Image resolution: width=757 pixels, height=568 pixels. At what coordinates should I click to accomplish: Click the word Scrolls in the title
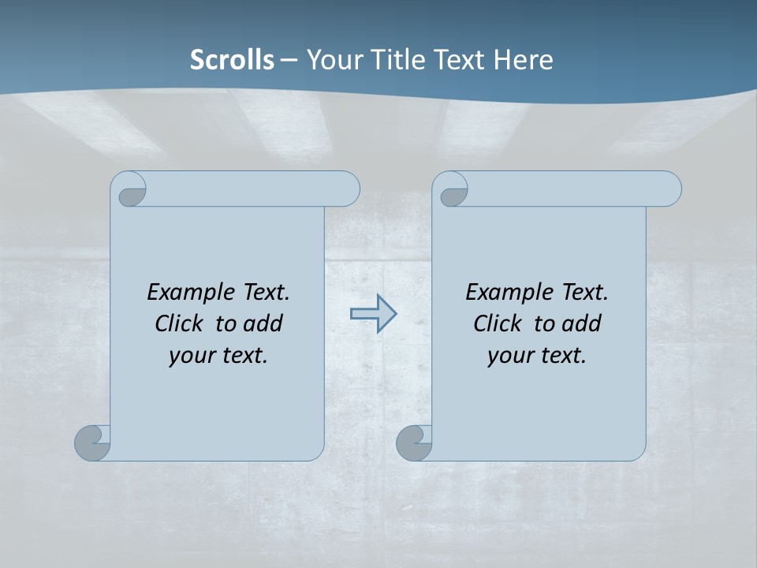click(233, 60)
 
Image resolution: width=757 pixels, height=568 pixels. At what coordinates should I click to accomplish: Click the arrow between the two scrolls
click(373, 314)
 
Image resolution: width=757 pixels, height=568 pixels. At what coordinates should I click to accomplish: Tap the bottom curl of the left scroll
click(92, 443)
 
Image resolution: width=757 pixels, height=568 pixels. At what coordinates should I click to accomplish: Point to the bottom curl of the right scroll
click(413, 443)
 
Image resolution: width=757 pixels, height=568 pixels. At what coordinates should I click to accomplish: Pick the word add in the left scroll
click(263, 324)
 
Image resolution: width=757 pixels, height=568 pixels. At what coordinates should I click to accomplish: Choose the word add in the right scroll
click(581, 324)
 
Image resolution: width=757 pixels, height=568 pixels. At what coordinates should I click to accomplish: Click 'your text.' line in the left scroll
click(218, 356)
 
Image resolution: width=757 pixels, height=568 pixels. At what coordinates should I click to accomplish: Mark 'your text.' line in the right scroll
click(537, 356)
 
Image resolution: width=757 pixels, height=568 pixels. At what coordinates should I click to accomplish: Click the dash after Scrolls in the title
click(289, 60)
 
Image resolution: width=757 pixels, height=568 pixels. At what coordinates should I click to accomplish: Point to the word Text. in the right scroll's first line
click(584, 293)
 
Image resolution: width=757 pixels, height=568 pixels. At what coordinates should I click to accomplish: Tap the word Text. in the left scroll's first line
click(266, 293)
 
